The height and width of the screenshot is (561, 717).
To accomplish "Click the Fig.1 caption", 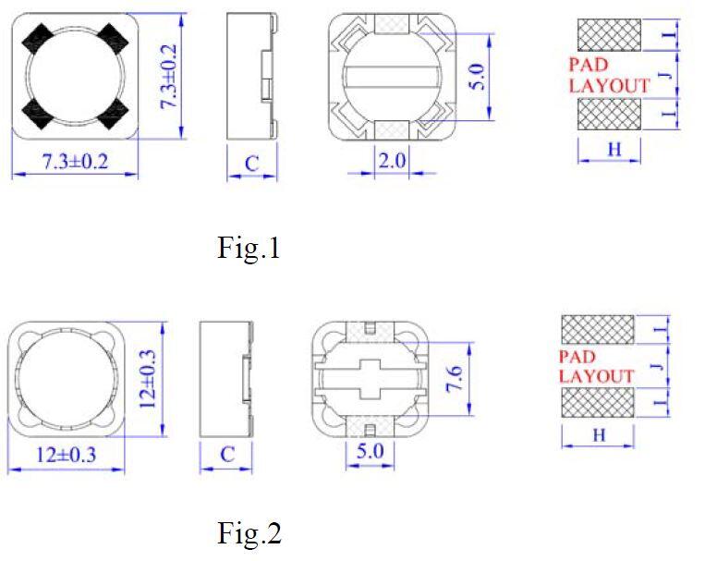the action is [249, 249].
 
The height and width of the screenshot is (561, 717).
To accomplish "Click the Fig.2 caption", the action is [249, 533].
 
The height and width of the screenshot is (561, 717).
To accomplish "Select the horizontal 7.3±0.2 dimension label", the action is [76, 162].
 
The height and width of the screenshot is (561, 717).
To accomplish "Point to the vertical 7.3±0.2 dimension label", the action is [168, 77].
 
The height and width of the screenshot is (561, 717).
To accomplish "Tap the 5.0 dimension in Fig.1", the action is [477, 77].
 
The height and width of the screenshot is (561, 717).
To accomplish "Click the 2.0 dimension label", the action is [392, 161].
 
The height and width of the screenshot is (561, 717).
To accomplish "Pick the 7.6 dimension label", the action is [455, 379].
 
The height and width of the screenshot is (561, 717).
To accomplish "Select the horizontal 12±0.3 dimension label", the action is [66, 455].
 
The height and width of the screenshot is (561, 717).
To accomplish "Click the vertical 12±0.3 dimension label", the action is [148, 379].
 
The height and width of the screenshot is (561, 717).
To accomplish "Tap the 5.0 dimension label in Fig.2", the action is [370, 451].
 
